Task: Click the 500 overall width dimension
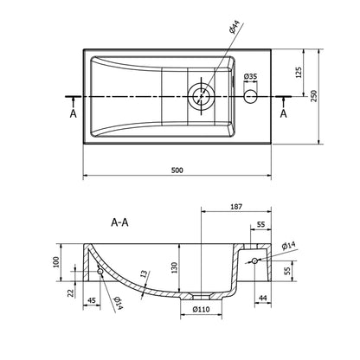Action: tap(177, 170)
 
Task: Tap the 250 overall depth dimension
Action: tap(314, 96)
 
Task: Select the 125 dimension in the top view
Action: tap(299, 73)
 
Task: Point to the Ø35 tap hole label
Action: tap(250, 77)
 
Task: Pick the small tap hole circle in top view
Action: tap(250, 96)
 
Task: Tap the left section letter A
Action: tap(74, 113)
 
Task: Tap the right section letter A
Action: tap(284, 113)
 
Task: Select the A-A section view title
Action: tap(119, 222)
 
